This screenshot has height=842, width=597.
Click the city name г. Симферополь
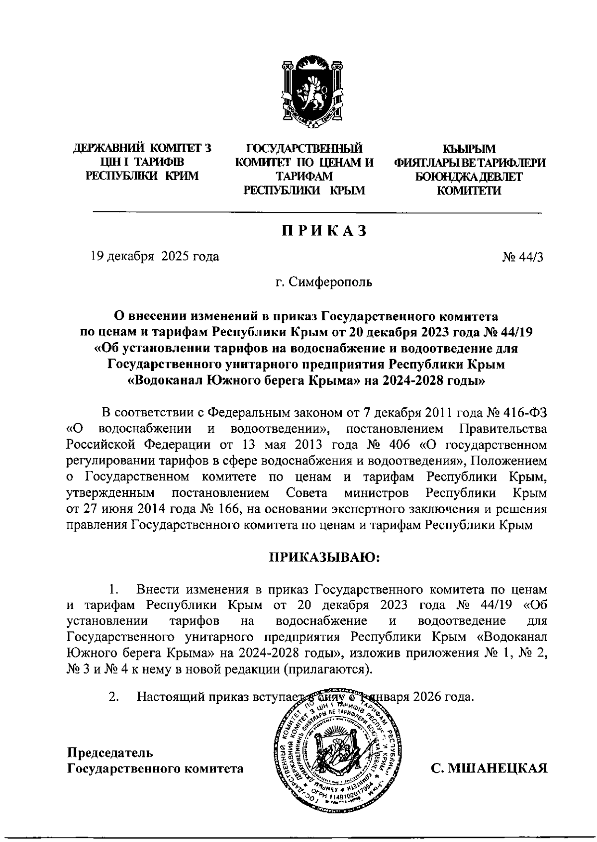(324, 283)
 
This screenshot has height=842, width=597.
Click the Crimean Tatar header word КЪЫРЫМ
(469, 148)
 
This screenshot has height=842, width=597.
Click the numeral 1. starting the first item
(113, 590)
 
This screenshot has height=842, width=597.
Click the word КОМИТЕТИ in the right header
(469, 190)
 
